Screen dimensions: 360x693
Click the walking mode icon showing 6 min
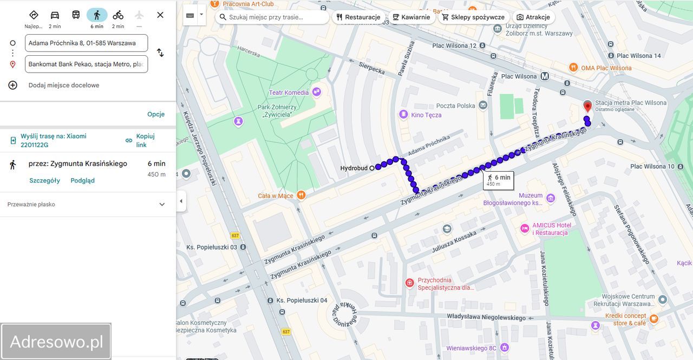click(97, 15)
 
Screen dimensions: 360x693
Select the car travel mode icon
click(55, 15)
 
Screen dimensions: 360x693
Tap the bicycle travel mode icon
click(118, 15)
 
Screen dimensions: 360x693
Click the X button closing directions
click(160, 15)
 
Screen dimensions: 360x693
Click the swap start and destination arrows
click(160, 53)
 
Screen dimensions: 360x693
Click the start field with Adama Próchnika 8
click(86, 43)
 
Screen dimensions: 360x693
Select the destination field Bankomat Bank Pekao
click(86, 64)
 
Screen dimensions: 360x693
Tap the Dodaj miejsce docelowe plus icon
click(13, 85)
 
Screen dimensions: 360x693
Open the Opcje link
click(156, 114)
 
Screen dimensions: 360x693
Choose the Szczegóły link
click(44, 180)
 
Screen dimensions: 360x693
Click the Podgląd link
click(82, 180)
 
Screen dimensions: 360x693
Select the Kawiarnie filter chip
click(411, 17)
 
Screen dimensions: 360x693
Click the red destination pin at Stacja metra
click(587, 106)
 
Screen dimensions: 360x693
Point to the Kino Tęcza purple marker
click(403, 114)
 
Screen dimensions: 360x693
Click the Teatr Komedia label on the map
click(289, 93)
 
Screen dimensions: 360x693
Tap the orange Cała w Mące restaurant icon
click(301, 195)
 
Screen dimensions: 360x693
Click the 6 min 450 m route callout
click(498, 180)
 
